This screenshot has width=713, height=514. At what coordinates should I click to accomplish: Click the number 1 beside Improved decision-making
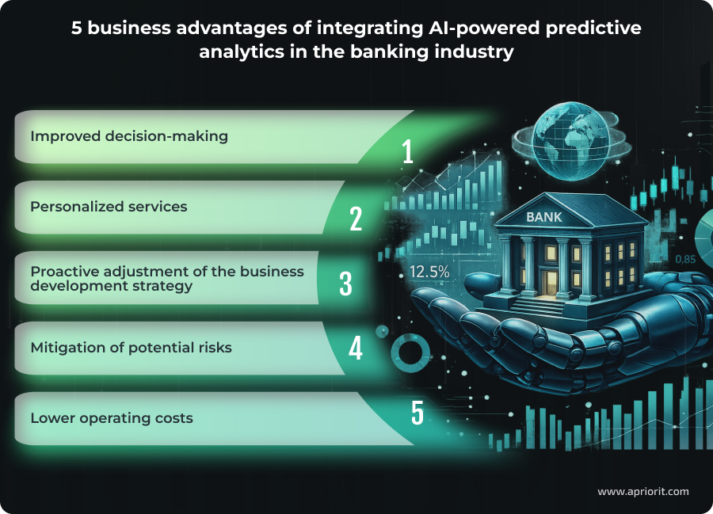[407, 150]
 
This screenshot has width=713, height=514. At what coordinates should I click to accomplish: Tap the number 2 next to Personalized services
[356, 219]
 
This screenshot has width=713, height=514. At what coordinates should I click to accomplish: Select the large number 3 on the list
[345, 284]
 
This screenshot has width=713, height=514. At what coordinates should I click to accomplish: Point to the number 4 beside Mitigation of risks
[356, 348]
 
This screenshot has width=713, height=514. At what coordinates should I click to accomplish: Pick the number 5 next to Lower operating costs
[417, 413]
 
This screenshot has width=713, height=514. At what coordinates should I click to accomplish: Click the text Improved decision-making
[129, 136]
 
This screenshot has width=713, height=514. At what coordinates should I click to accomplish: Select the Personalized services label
[109, 207]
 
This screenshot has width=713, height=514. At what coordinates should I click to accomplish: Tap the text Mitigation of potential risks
[131, 348]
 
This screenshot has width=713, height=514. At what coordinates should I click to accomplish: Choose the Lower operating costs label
[112, 417]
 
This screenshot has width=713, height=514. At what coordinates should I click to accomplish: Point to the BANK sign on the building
[547, 216]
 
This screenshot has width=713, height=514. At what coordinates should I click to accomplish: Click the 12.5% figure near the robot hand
[429, 272]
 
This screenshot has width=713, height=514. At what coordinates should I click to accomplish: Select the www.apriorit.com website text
[642, 491]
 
